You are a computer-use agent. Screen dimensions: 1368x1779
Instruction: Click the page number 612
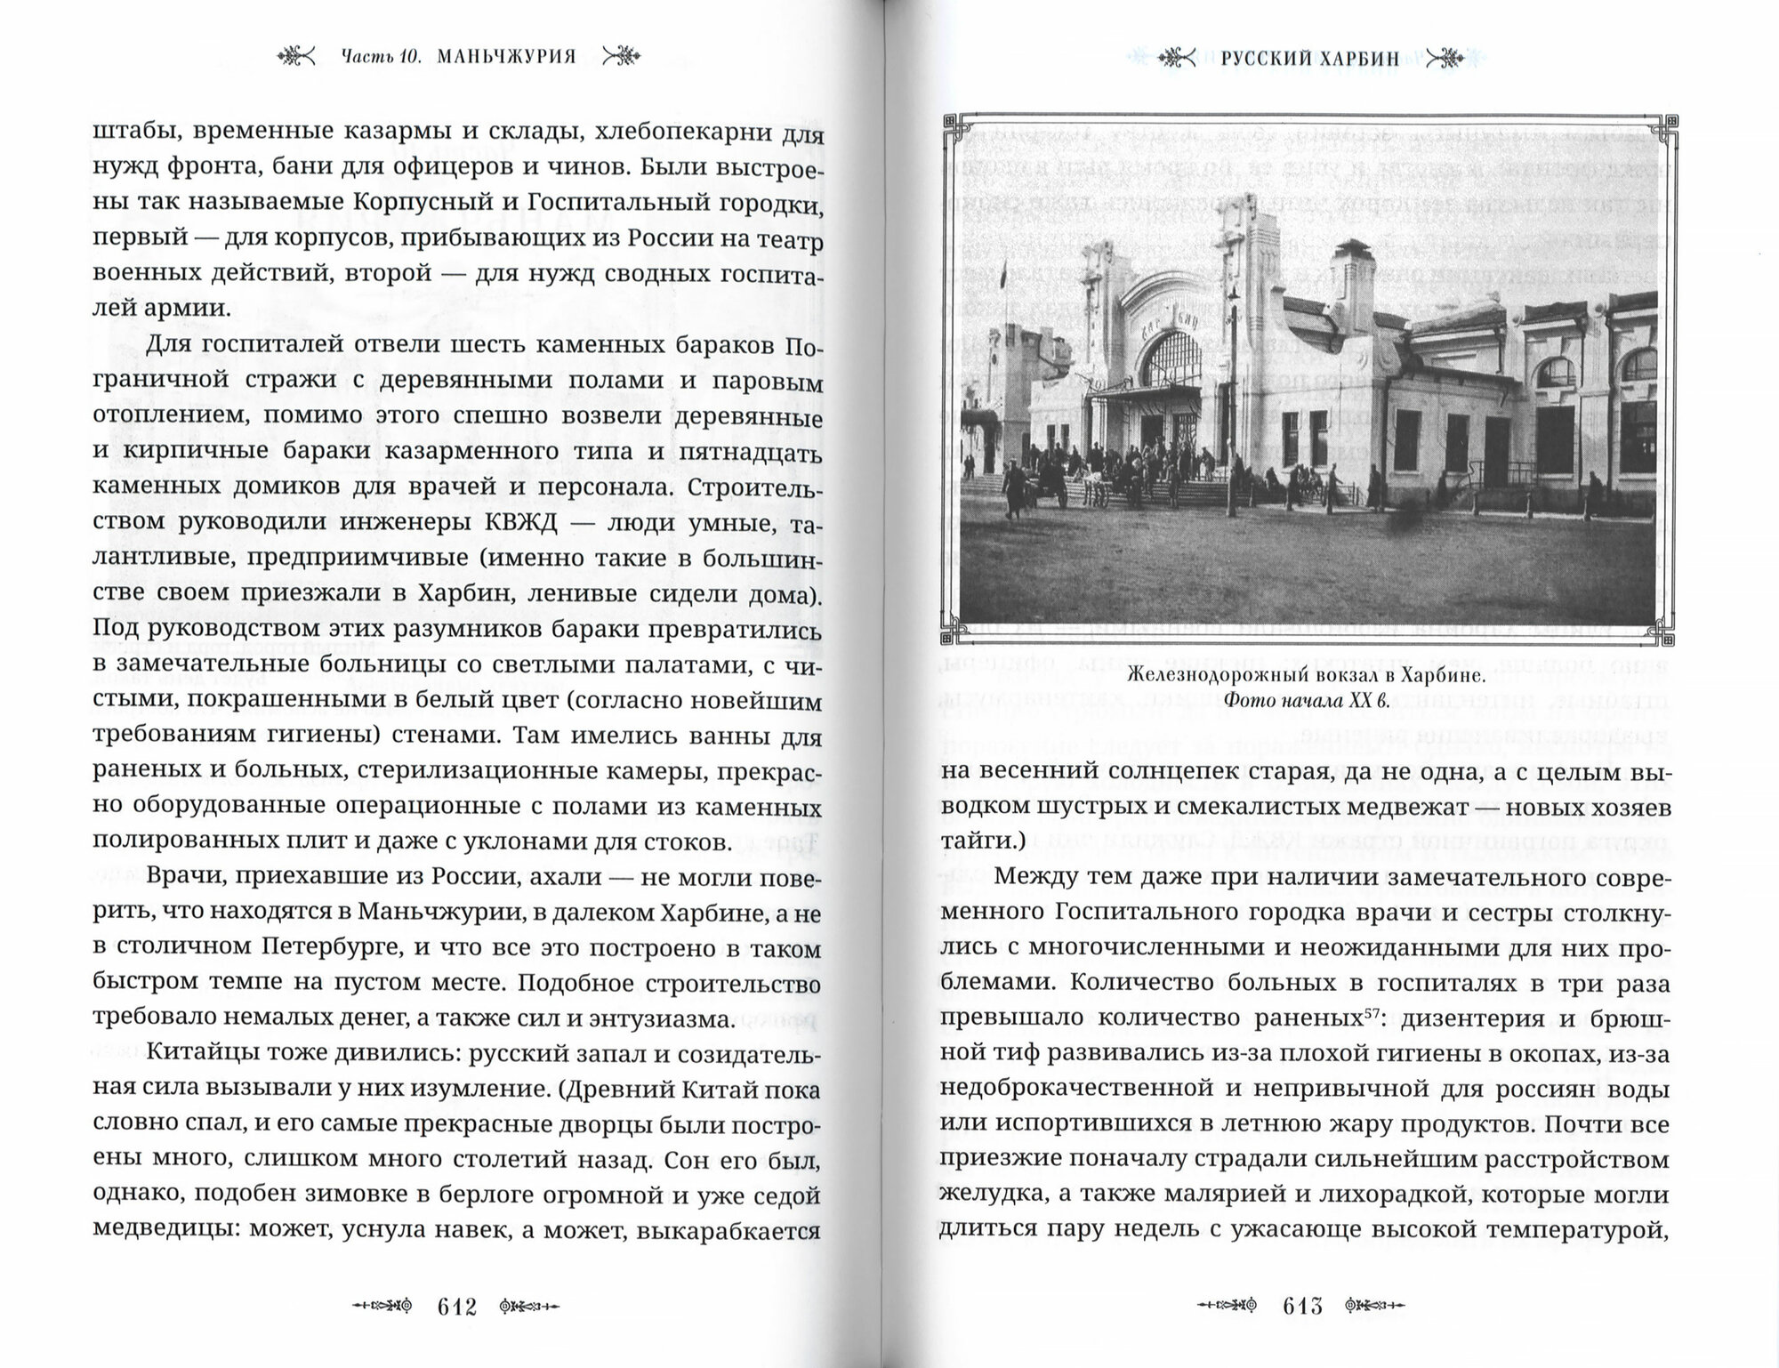click(457, 1307)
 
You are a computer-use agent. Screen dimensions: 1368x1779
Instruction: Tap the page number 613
click(1303, 1307)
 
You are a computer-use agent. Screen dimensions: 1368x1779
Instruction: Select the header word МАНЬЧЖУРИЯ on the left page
click(507, 57)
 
